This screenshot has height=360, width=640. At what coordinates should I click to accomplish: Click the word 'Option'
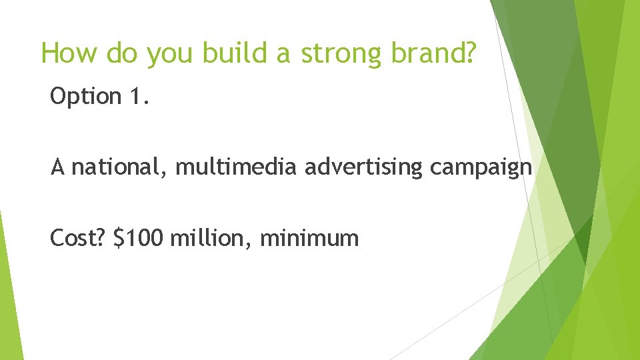pyautogui.click(x=84, y=97)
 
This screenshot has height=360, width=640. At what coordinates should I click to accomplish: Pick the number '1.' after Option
pyautogui.click(x=136, y=97)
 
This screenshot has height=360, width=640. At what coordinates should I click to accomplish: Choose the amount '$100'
pyautogui.click(x=138, y=237)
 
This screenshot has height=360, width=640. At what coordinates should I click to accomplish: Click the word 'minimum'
pyautogui.click(x=309, y=237)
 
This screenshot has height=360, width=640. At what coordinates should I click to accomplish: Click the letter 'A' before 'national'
pyautogui.click(x=57, y=167)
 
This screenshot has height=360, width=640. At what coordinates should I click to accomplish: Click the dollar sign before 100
pyautogui.click(x=119, y=237)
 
